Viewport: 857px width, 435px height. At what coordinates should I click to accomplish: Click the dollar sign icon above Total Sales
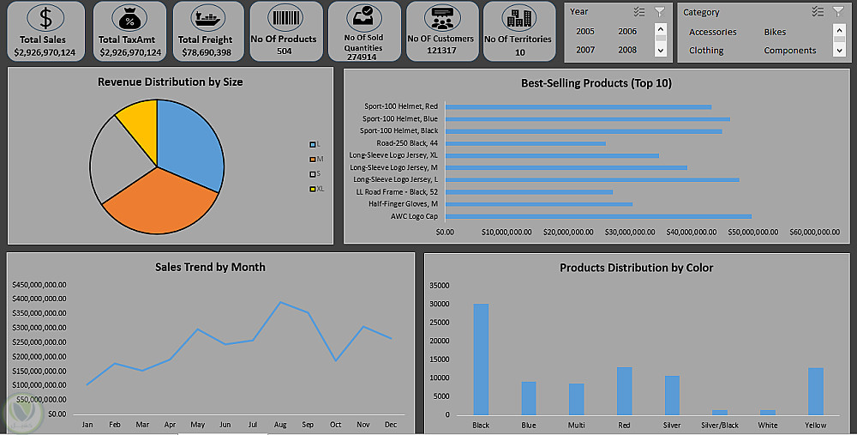click(x=45, y=18)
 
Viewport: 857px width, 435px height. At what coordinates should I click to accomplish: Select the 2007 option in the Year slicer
click(x=585, y=50)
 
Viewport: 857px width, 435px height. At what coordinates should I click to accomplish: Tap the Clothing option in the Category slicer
click(x=706, y=51)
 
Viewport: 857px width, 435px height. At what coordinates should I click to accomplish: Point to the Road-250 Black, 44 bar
click(x=525, y=143)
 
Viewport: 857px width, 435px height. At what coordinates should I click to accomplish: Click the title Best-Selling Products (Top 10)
click(x=596, y=83)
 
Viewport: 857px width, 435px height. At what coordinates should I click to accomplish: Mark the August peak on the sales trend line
click(x=279, y=302)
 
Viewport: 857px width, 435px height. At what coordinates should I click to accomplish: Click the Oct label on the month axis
click(x=335, y=425)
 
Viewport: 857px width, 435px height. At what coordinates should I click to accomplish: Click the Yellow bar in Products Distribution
click(x=815, y=391)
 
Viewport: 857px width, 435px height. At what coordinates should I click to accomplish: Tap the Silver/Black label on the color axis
click(x=719, y=426)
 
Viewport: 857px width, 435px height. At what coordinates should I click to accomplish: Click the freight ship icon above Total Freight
click(x=206, y=18)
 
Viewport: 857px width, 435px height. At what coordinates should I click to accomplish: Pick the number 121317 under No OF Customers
click(x=440, y=51)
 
